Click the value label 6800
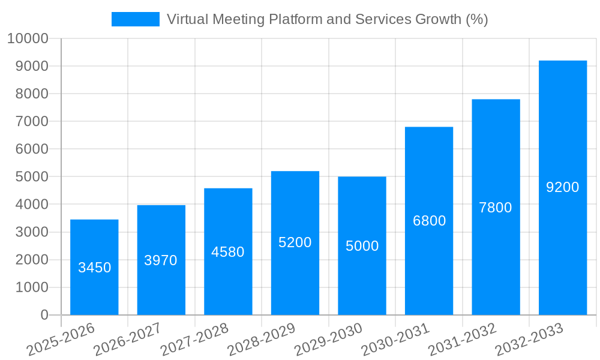pos(429,221)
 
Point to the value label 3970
pos(161,260)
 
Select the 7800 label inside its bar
pos(496,208)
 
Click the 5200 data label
pos(295,242)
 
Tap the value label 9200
pos(562,187)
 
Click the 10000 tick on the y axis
pos(28,38)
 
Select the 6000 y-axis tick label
pos(31,149)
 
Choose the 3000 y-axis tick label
pos(31,232)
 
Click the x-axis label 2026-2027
pos(127,339)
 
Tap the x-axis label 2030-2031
pos(395,339)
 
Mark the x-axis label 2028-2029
pos(261,339)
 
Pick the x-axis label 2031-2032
pos(462,339)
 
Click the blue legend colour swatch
pos(136,19)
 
